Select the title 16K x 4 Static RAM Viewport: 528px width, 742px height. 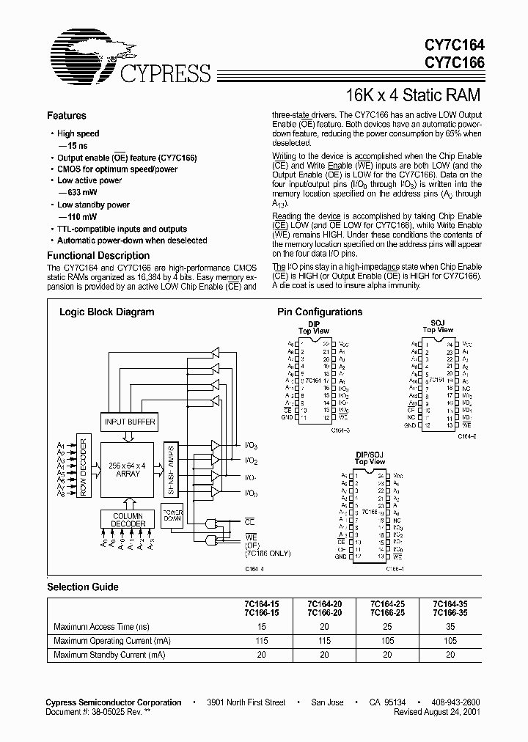(x=414, y=95)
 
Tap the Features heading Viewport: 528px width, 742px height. (x=67, y=116)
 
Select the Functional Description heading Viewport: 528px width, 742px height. (x=99, y=255)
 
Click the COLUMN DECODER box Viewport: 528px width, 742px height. (x=128, y=520)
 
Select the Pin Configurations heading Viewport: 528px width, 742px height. (x=320, y=312)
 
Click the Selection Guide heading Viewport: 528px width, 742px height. (x=83, y=587)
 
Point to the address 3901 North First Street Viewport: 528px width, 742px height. (x=246, y=702)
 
